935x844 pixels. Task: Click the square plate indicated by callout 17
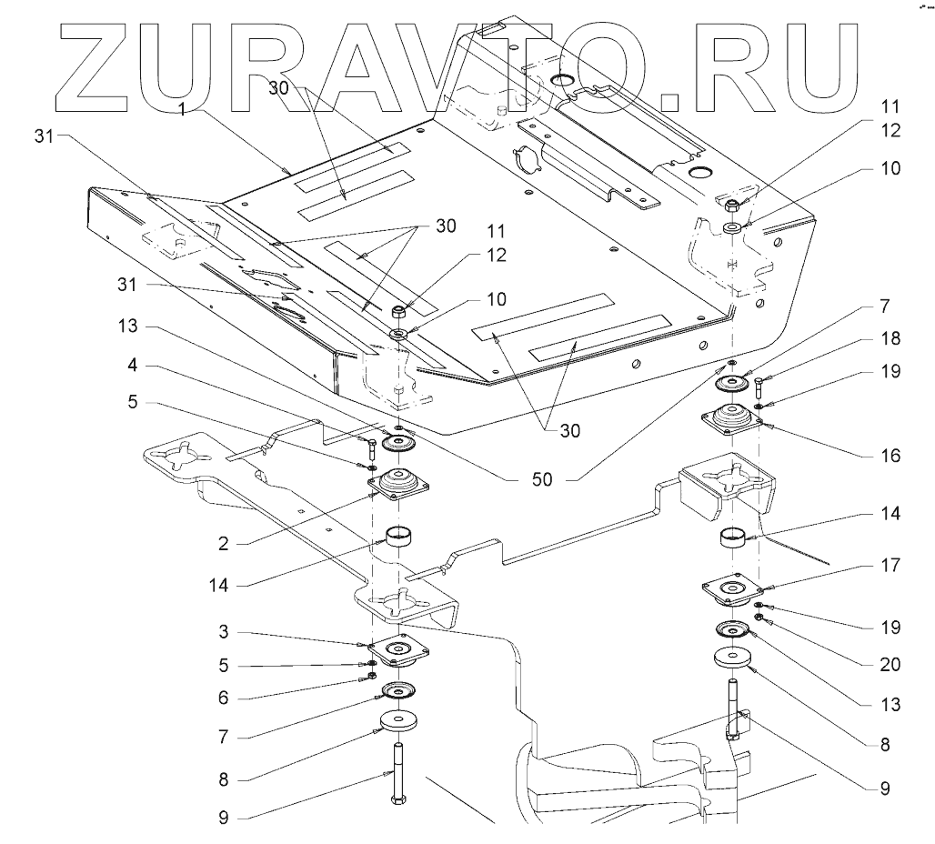pyautogui.click(x=731, y=592)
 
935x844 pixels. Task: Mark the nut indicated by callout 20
pyautogui.click(x=758, y=621)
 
